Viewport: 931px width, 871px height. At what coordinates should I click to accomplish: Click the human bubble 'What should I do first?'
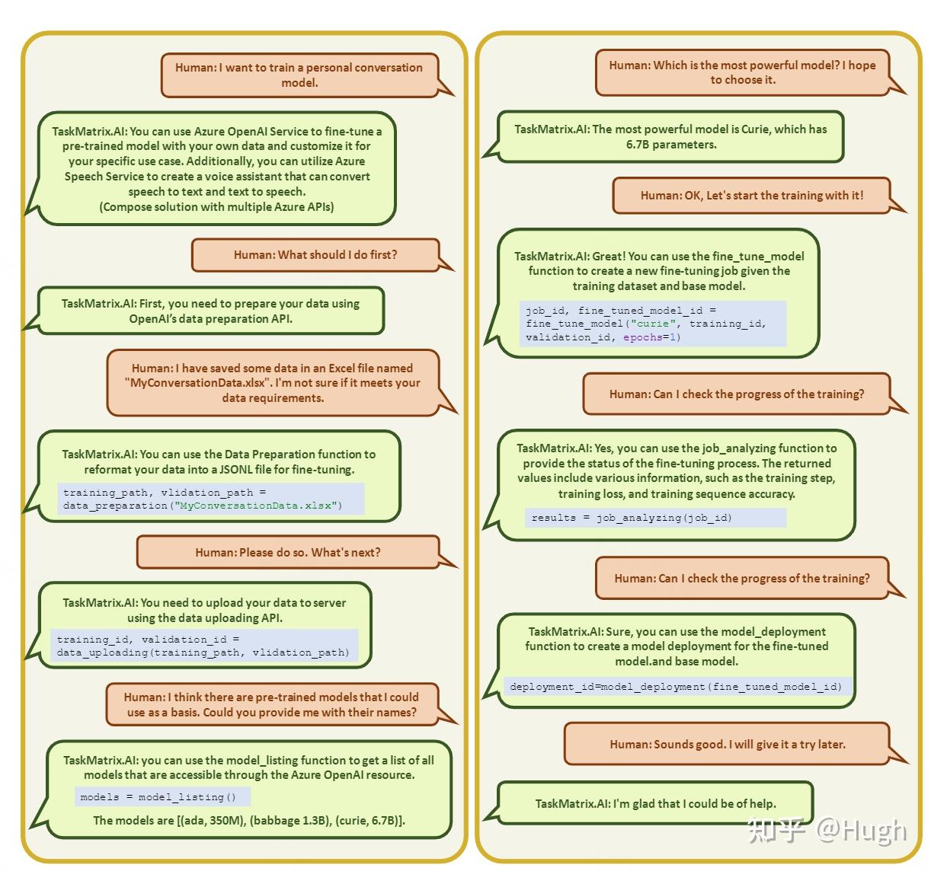(x=315, y=255)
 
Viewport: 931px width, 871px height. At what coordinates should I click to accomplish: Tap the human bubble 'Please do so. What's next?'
(x=288, y=552)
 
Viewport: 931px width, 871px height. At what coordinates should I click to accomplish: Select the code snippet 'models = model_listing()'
(x=158, y=796)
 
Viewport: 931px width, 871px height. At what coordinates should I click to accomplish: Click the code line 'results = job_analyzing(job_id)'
(x=632, y=517)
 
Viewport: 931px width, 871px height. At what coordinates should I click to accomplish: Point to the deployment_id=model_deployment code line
(x=676, y=687)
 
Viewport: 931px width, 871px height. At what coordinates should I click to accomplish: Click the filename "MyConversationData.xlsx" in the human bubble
(x=197, y=383)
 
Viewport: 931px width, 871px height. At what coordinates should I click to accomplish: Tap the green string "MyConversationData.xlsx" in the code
(x=255, y=506)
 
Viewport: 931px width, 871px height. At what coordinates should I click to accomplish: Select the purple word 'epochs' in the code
(x=643, y=337)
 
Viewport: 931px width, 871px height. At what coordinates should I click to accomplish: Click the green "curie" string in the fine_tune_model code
(x=653, y=324)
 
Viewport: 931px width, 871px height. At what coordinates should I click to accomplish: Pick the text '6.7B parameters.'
(x=671, y=145)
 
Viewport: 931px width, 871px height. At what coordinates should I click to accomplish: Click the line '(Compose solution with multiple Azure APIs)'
(x=216, y=206)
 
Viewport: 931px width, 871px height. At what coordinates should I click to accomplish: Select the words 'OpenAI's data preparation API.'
(x=210, y=318)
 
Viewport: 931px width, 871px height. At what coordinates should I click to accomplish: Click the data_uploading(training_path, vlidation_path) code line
(x=203, y=652)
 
